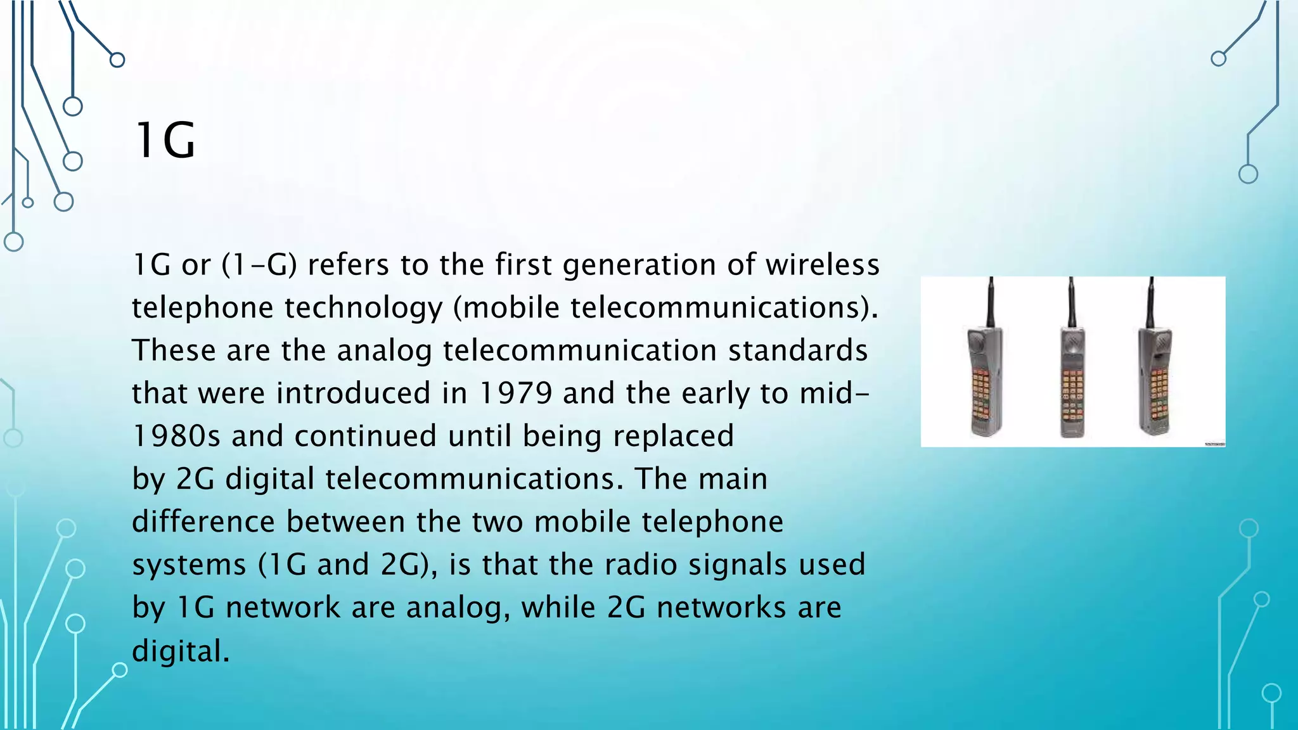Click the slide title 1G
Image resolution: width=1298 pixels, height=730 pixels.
click(x=165, y=141)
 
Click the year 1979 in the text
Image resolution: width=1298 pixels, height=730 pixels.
click(x=515, y=394)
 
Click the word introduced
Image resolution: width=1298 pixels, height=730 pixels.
click(x=354, y=394)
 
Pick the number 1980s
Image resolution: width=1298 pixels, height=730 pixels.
click(x=176, y=437)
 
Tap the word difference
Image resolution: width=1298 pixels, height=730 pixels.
click(x=203, y=522)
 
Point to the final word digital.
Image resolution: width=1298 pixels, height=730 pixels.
click(x=180, y=651)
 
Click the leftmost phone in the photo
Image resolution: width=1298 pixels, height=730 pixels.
click(x=984, y=380)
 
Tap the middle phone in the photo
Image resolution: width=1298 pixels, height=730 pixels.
click(x=1072, y=380)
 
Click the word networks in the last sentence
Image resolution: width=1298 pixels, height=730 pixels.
click(x=721, y=608)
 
